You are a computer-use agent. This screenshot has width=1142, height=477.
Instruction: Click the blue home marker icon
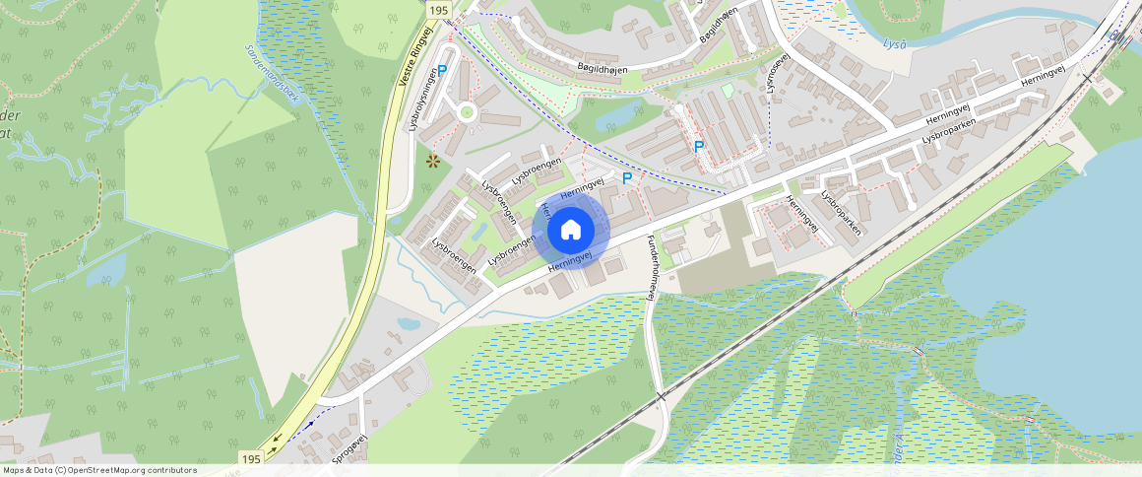click(570, 230)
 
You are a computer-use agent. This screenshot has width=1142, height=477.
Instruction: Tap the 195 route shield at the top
click(439, 9)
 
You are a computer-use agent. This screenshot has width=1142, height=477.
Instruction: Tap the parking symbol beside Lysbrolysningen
click(442, 70)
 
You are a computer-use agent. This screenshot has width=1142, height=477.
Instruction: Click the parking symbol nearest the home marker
click(626, 178)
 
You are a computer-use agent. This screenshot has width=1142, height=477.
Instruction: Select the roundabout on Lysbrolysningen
click(467, 113)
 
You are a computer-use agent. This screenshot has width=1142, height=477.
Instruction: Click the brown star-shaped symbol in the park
click(431, 160)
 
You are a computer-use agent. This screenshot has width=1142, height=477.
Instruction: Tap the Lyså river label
click(893, 44)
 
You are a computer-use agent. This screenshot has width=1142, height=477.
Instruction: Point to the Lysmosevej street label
click(778, 74)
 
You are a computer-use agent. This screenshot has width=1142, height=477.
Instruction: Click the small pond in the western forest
click(105, 270)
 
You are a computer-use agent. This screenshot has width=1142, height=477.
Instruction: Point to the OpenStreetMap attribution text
click(99, 470)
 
